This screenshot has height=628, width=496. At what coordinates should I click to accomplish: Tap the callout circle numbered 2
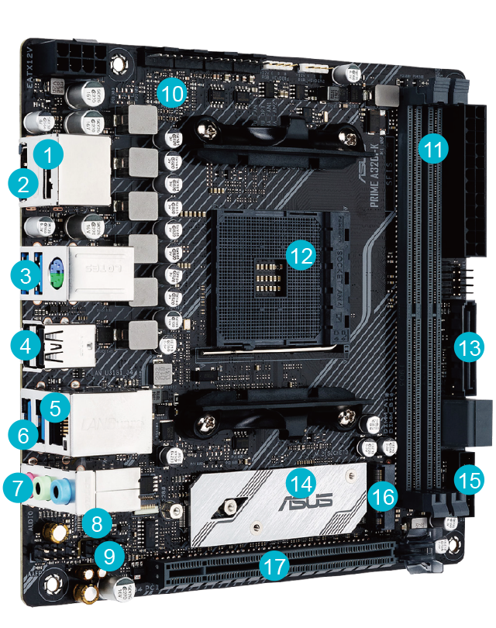(24, 185)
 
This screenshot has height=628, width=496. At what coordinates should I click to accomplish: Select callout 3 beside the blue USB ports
(26, 275)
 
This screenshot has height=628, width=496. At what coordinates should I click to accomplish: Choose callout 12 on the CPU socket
(299, 253)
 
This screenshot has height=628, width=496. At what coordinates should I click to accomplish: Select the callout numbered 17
(274, 566)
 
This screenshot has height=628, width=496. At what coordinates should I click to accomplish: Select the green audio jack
(47, 489)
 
